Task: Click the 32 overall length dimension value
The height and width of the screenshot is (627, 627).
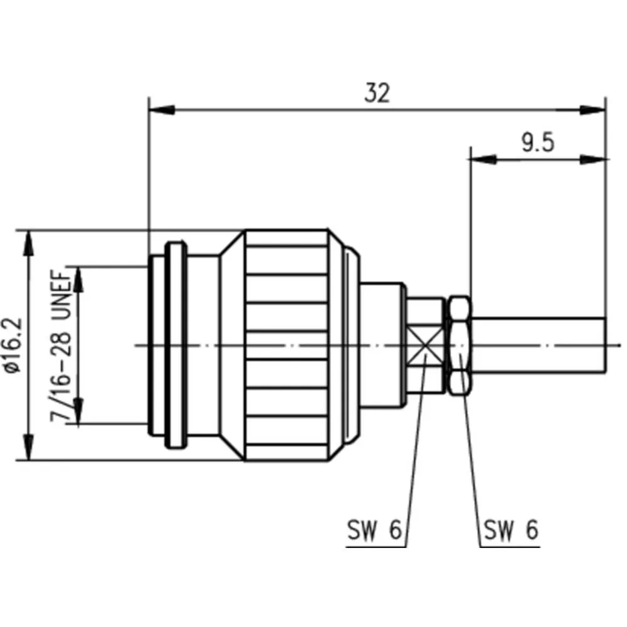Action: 377,93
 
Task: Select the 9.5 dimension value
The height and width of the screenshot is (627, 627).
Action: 538,143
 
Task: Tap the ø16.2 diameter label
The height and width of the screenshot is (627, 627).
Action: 12,345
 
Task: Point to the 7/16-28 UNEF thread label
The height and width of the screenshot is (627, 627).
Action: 60,346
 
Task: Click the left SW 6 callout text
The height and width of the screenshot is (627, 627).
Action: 374,530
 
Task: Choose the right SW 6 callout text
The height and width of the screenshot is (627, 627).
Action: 511,530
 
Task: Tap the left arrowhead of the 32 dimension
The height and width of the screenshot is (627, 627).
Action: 162,109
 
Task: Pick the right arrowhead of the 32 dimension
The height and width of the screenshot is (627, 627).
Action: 593,109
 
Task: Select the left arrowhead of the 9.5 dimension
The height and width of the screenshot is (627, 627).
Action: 483,159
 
